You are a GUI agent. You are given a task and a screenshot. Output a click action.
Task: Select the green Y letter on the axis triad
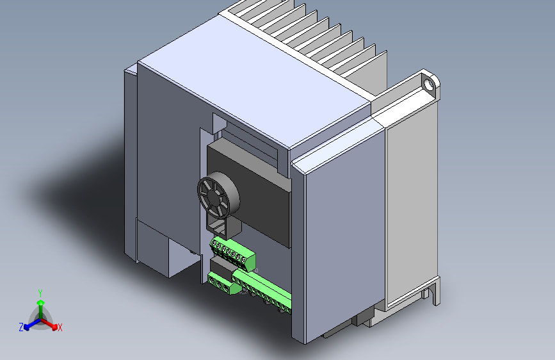tap(40, 293)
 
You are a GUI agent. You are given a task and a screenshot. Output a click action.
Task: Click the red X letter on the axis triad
tap(60, 328)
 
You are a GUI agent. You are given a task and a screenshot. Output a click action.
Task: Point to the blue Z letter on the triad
tap(21, 327)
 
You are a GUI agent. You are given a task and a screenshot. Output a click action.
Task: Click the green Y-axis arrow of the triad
tap(40, 305)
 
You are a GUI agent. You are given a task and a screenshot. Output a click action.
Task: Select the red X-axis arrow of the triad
tap(51, 323)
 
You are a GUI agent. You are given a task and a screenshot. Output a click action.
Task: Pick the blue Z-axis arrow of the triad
tap(29, 323)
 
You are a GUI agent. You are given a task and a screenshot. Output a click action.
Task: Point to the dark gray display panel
tap(256, 192)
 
